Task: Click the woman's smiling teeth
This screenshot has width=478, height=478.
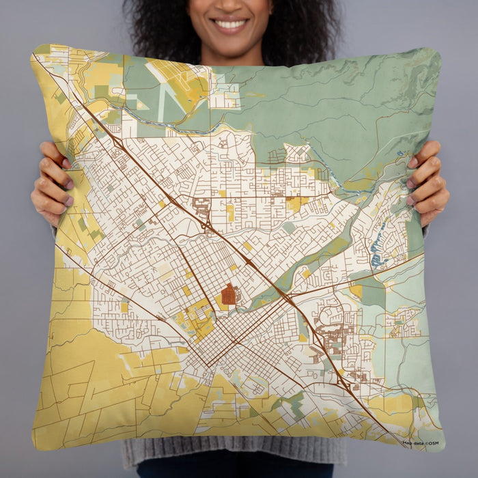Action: point(230,24)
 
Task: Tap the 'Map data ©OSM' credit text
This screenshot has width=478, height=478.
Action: point(420,443)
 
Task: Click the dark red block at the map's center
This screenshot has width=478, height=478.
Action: point(229,294)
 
